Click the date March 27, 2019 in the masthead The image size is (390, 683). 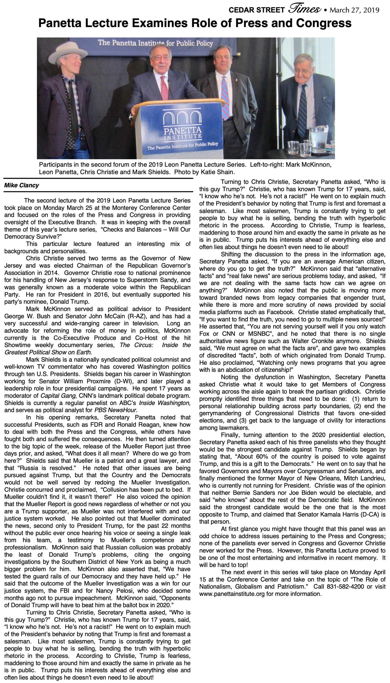(354, 10)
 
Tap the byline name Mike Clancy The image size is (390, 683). (21, 185)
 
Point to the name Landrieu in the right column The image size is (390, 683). (371, 478)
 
